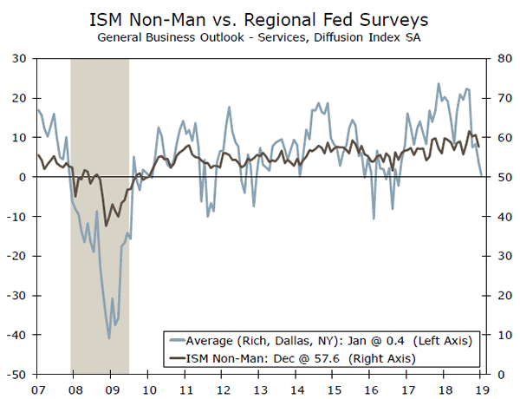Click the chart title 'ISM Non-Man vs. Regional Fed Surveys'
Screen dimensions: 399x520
(x=260, y=19)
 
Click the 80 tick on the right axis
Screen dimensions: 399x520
(x=500, y=58)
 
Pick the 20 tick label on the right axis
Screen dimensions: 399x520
(x=500, y=295)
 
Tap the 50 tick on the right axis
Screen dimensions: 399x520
(x=500, y=177)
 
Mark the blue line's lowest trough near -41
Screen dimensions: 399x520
(x=109, y=338)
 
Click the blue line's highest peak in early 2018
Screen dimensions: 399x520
(x=439, y=84)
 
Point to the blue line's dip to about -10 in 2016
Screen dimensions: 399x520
(x=374, y=218)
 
